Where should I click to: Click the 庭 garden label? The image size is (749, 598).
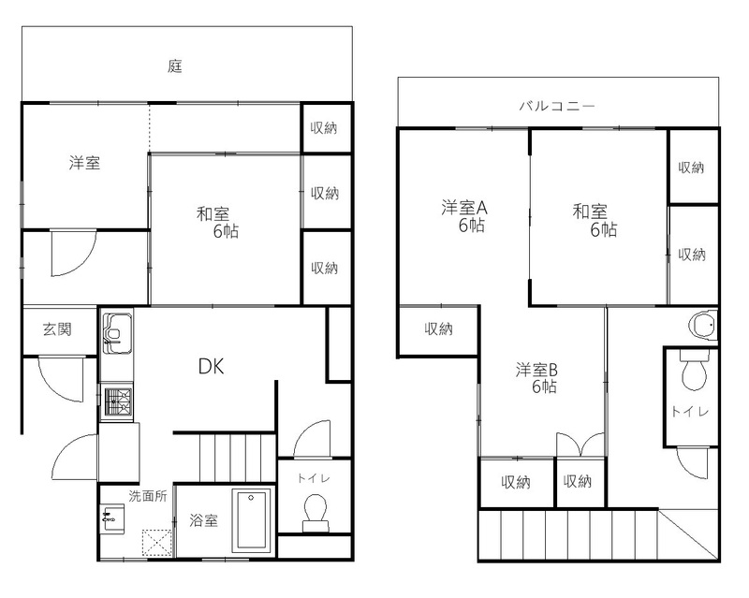click(x=175, y=66)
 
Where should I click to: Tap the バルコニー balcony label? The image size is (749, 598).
click(x=557, y=106)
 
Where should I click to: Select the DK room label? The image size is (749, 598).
click(x=212, y=366)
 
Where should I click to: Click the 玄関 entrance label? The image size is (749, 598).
click(x=57, y=329)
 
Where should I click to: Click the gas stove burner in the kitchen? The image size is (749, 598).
click(x=118, y=401)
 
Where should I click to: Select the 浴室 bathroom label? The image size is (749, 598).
click(x=203, y=520)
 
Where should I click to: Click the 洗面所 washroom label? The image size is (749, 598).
click(x=148, y=496)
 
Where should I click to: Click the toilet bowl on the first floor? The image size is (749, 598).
click(x=316, y=513)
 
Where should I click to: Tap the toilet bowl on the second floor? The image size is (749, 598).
click(x=694, y=372)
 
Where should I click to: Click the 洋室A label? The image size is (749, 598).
click(x=463, y=208)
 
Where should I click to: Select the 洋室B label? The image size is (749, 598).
click(x=536, y=370)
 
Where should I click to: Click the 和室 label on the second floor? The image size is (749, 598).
click(x=590, y=211)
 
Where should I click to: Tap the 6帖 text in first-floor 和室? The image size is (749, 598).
click(x=226, y=231)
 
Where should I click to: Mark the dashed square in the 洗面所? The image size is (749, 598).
click(x=156, y=543)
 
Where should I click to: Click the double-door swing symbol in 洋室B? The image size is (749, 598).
click(x=580, y=445)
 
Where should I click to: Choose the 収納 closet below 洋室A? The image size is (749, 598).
click(x=438, y=329)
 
